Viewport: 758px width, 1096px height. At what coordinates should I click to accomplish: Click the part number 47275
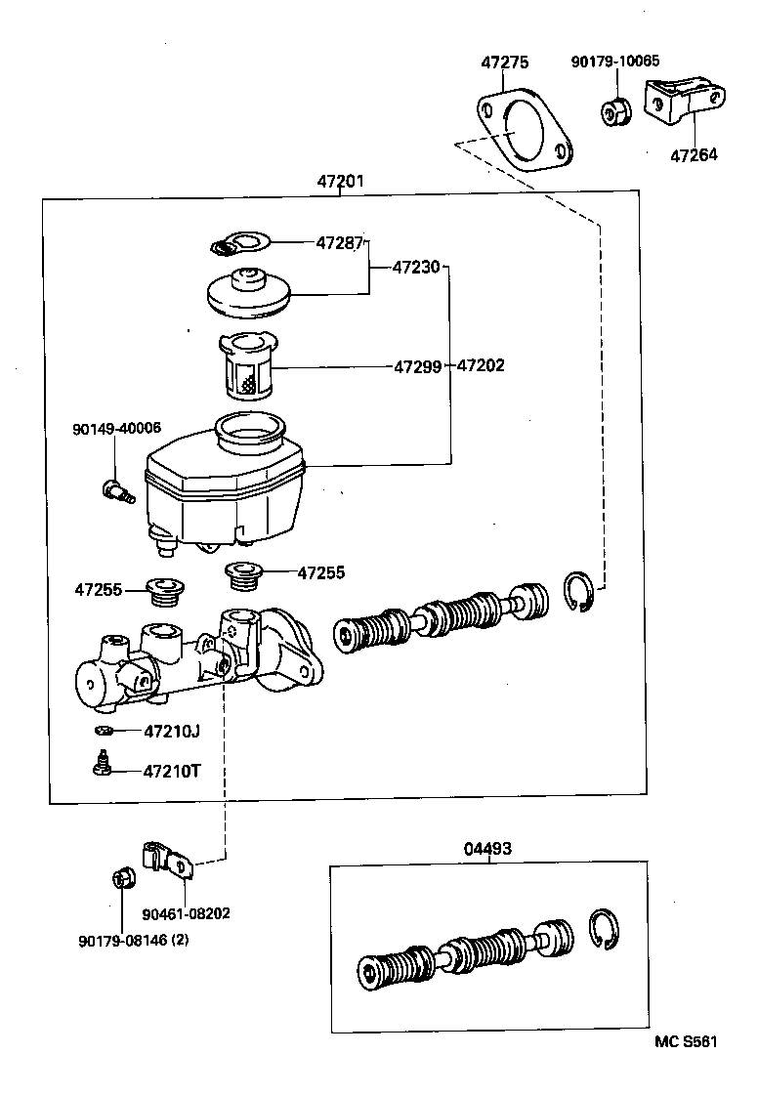click(504, 63)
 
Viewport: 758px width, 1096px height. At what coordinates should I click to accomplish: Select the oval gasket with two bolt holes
click(525, 131)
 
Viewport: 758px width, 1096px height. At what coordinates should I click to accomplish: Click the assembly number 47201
click(340, 181)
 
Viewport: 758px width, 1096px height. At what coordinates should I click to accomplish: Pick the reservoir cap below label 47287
click(251, 292)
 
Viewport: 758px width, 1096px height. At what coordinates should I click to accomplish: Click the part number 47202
click(481, 366)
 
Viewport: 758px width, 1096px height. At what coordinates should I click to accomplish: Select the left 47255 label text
click(99, 589)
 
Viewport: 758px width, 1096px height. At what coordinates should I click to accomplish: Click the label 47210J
click(171, 731)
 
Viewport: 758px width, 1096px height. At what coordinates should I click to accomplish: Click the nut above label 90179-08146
click(122, 877)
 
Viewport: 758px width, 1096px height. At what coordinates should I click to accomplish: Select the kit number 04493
click(486, 849)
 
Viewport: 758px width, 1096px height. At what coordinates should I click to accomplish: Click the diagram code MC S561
click(686, 1041)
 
